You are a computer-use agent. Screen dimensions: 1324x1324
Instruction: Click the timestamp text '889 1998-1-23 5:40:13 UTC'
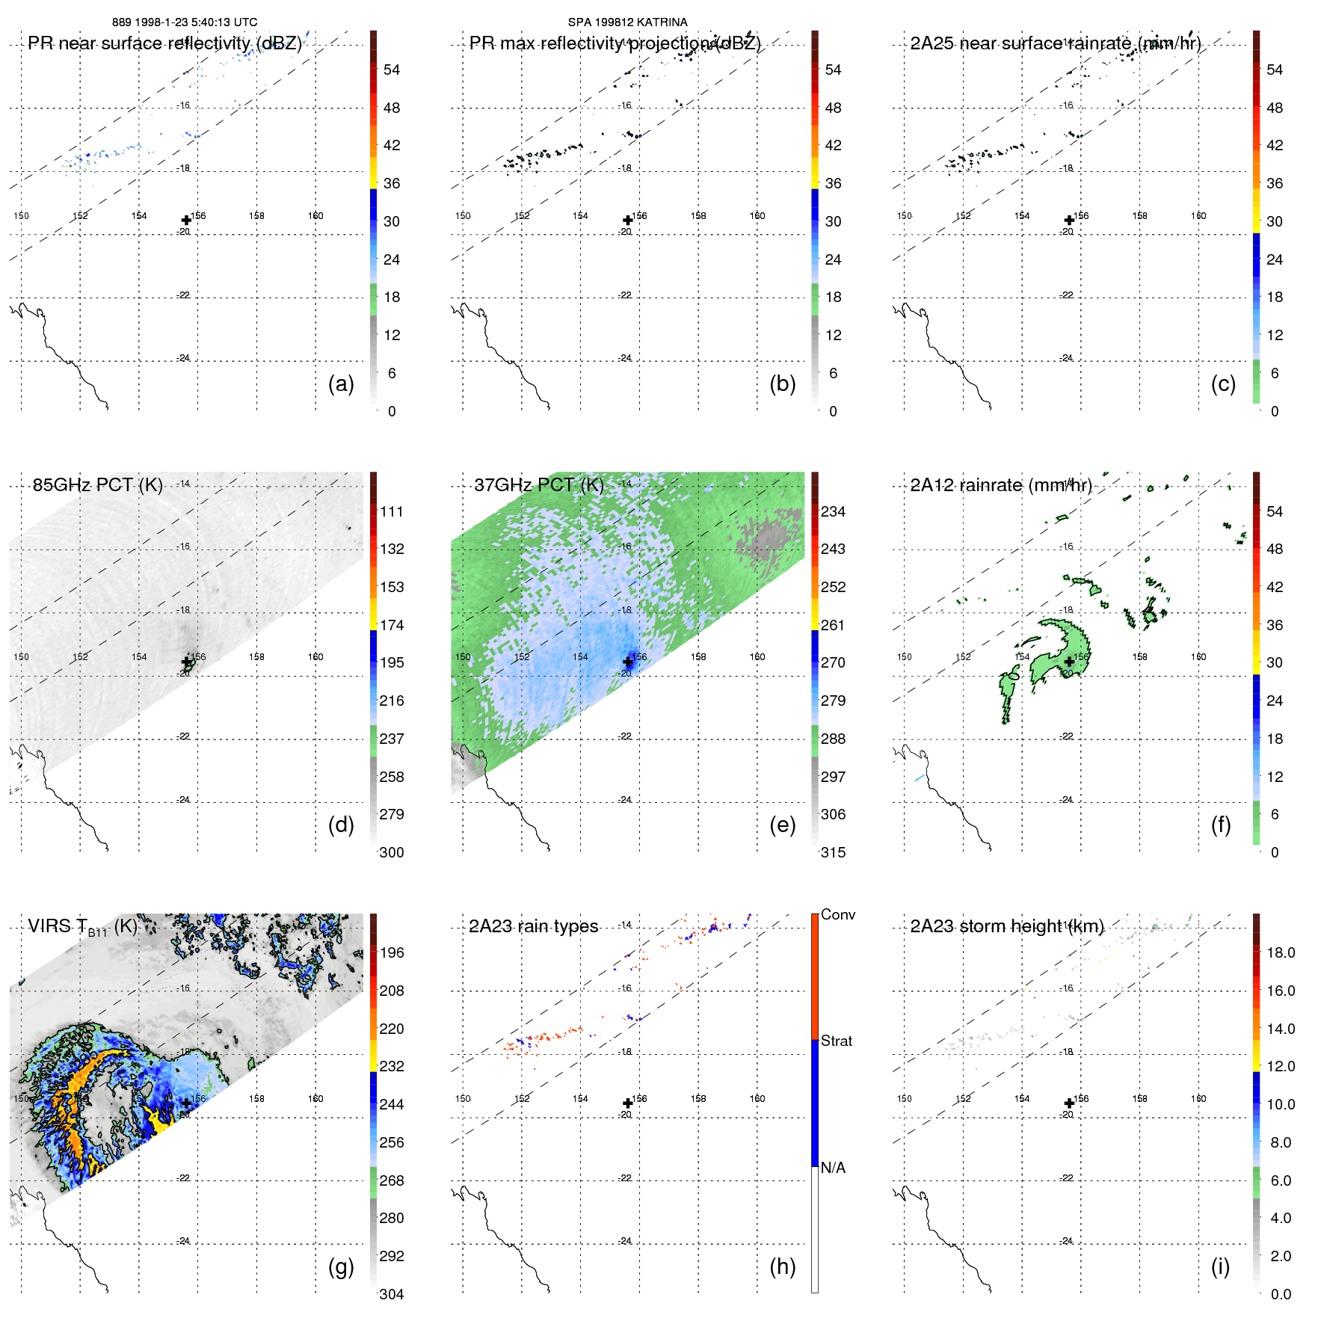coord(184,22)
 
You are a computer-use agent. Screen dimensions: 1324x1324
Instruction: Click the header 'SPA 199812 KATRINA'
coord(627,22)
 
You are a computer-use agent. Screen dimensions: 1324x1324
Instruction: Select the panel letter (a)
coord(341,384)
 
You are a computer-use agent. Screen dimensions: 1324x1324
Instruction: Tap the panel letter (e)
coord(782,825)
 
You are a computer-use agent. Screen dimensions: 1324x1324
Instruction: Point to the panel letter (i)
coord(1220,1266)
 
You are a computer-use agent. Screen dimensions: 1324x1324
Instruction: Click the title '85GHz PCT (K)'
coord(98,485)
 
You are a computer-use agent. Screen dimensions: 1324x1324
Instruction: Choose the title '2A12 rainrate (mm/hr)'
coord(1001,485)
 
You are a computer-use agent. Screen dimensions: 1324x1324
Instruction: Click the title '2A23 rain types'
coord(533,926)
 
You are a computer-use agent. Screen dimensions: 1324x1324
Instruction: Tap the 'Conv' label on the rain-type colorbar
coord(837,914)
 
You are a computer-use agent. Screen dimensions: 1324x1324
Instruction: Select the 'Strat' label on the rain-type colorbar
coord(836,1041)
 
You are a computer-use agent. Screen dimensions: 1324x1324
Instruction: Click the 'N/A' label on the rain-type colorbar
coord(833,1168)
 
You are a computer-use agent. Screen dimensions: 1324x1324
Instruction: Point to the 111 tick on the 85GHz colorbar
coord(392,511)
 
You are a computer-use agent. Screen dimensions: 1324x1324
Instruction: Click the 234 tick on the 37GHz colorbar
coord(833,511)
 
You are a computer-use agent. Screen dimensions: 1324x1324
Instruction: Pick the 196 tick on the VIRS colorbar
coord(392,952)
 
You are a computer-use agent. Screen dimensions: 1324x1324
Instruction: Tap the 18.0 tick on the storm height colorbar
coord(1281,952)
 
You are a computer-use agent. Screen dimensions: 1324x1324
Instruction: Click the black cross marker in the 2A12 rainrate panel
coord(1069,662)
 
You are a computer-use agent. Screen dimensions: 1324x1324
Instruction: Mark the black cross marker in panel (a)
coord(186,220)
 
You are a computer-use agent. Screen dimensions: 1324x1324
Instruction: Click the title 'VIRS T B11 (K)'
coord(83,927)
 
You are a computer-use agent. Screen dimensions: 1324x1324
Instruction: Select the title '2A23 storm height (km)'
coord(1007,926)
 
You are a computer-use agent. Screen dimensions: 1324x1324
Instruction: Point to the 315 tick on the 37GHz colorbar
coord(833,852)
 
